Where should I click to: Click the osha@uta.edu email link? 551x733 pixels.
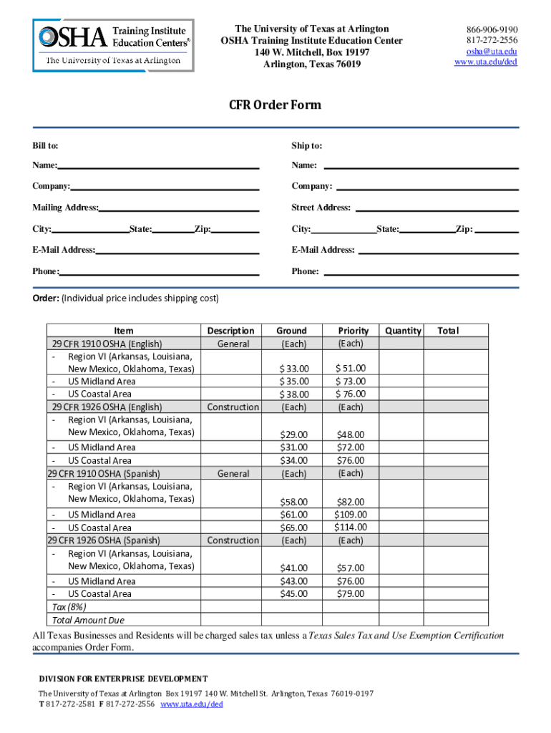[491, 52]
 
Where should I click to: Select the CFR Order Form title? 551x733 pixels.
[275, 105]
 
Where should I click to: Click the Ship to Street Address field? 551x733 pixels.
[437, 208]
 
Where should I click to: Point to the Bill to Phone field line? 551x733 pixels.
[159, 272]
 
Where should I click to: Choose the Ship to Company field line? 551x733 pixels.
[427, 187]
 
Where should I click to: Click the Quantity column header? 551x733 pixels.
[403, 331]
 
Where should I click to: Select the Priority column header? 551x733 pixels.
[353, 331]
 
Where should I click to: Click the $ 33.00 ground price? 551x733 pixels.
[293, 368]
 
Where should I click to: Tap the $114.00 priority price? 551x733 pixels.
[350, 528]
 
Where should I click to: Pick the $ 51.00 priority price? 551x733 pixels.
[351, 368]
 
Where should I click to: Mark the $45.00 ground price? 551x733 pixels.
[293, 593]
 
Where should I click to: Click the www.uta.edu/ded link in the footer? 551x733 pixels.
[192, 704]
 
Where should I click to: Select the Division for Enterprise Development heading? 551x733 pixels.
[123, 679]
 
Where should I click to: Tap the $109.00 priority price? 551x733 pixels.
[350, 515]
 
